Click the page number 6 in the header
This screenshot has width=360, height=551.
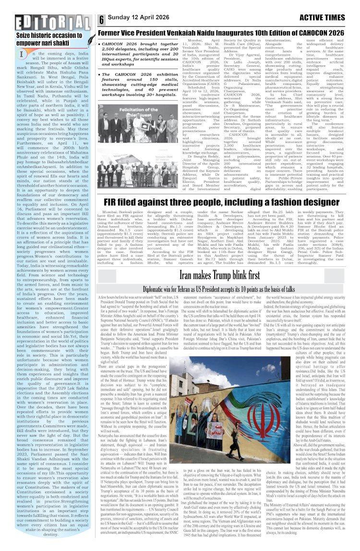coord(102,20)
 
